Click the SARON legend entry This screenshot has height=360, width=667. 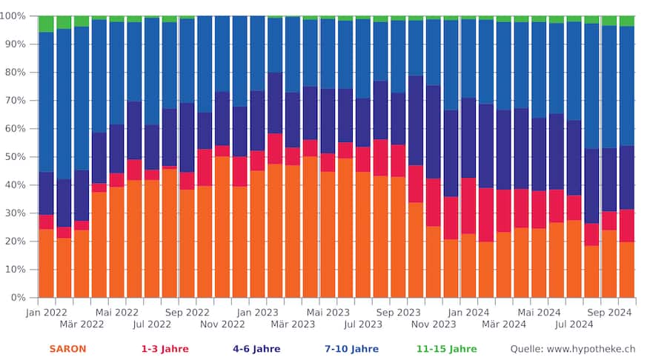[x=67, y=349]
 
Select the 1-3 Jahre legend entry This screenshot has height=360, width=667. [x=165, y=349]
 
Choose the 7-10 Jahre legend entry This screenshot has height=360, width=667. [x=351, y=349]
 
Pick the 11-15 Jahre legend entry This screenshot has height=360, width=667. [x=446, y=349]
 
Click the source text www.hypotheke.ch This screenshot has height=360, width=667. [x=572, y=349]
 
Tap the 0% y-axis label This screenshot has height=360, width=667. [x=19, y=298]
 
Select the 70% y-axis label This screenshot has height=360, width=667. [x=16, y=101]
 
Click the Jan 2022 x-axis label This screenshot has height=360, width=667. [x=46, y=313]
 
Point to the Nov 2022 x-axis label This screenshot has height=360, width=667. [x=222, y=324]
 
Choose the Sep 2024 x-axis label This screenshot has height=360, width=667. [x=609, y=313]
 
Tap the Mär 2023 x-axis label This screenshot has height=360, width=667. [x=293, y=324]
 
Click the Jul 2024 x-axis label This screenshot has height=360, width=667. [x=574, y=324]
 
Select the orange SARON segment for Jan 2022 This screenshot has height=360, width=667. [x=46, y=263]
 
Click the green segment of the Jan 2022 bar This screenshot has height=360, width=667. [x=46, y=24]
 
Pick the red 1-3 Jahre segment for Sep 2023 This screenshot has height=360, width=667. [x=399, y=161]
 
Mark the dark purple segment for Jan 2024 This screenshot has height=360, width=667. [x=468, y=138]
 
